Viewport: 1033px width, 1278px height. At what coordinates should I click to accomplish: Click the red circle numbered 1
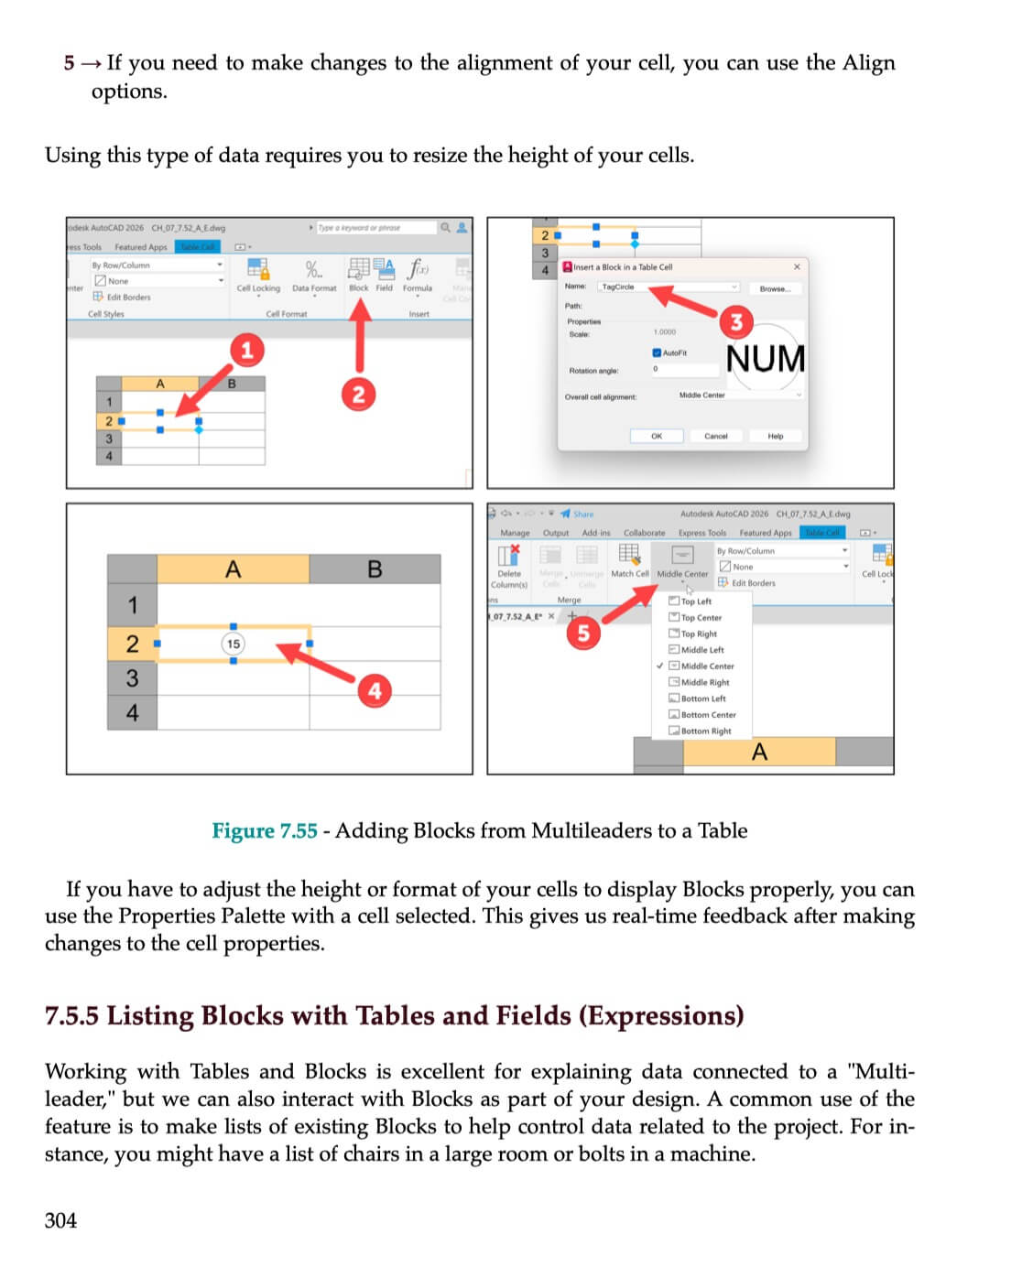point(245,350)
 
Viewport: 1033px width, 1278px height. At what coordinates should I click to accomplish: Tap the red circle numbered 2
point(358,394)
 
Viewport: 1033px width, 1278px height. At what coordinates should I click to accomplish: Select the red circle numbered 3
point(736,321)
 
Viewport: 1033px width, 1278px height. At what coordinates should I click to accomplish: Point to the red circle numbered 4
point(375,690)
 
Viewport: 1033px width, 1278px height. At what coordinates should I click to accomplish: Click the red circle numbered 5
point(583,633)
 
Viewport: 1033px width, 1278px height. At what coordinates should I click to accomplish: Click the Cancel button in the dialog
point(715,436)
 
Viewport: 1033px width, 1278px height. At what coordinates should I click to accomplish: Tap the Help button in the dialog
point(775,436)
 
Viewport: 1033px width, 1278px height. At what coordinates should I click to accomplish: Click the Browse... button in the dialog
point(775,288)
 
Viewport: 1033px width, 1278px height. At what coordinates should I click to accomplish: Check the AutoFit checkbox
point(657,352)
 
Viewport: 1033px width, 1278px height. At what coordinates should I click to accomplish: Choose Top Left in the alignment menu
point(695,601)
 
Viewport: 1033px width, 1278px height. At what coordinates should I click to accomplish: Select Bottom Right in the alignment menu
point(705,731)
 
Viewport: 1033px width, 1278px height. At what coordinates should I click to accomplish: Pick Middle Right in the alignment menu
point(704,682)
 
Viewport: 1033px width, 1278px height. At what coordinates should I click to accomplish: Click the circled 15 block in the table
point(234,644)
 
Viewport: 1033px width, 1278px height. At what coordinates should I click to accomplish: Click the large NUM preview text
point(766,359)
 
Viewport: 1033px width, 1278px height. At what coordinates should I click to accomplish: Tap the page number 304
point(60,1220)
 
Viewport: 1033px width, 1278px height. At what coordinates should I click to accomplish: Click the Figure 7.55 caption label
point(265,830)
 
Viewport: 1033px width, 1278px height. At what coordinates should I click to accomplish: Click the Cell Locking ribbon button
point(258,275)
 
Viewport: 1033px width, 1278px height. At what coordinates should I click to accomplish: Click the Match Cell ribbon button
point(629,560)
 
